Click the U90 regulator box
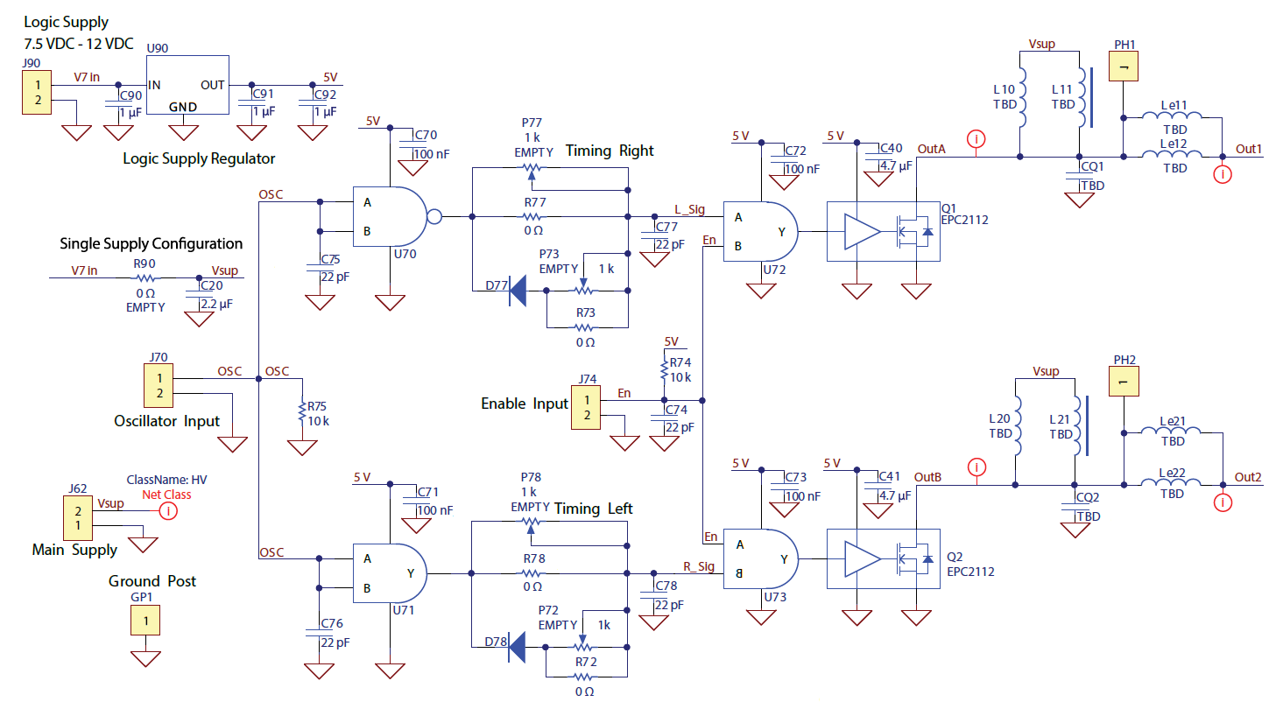[187, 85]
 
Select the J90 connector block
[37, 93]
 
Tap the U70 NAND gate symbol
[390, 216]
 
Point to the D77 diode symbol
[517, 291]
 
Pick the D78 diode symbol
[517, 647]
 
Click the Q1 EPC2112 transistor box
[883, 232]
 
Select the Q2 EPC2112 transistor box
[883, 558]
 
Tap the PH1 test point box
[1123, 67]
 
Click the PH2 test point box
[1123, 382]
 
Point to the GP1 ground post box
[145, 621]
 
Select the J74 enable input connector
[587, 408]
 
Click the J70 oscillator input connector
[159, 386]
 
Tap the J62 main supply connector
[78, 517]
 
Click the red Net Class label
[166, 495]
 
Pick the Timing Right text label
[610, 151]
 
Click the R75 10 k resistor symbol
[302, 413]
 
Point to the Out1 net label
[1249, 149]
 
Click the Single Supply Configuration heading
[151, 243]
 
